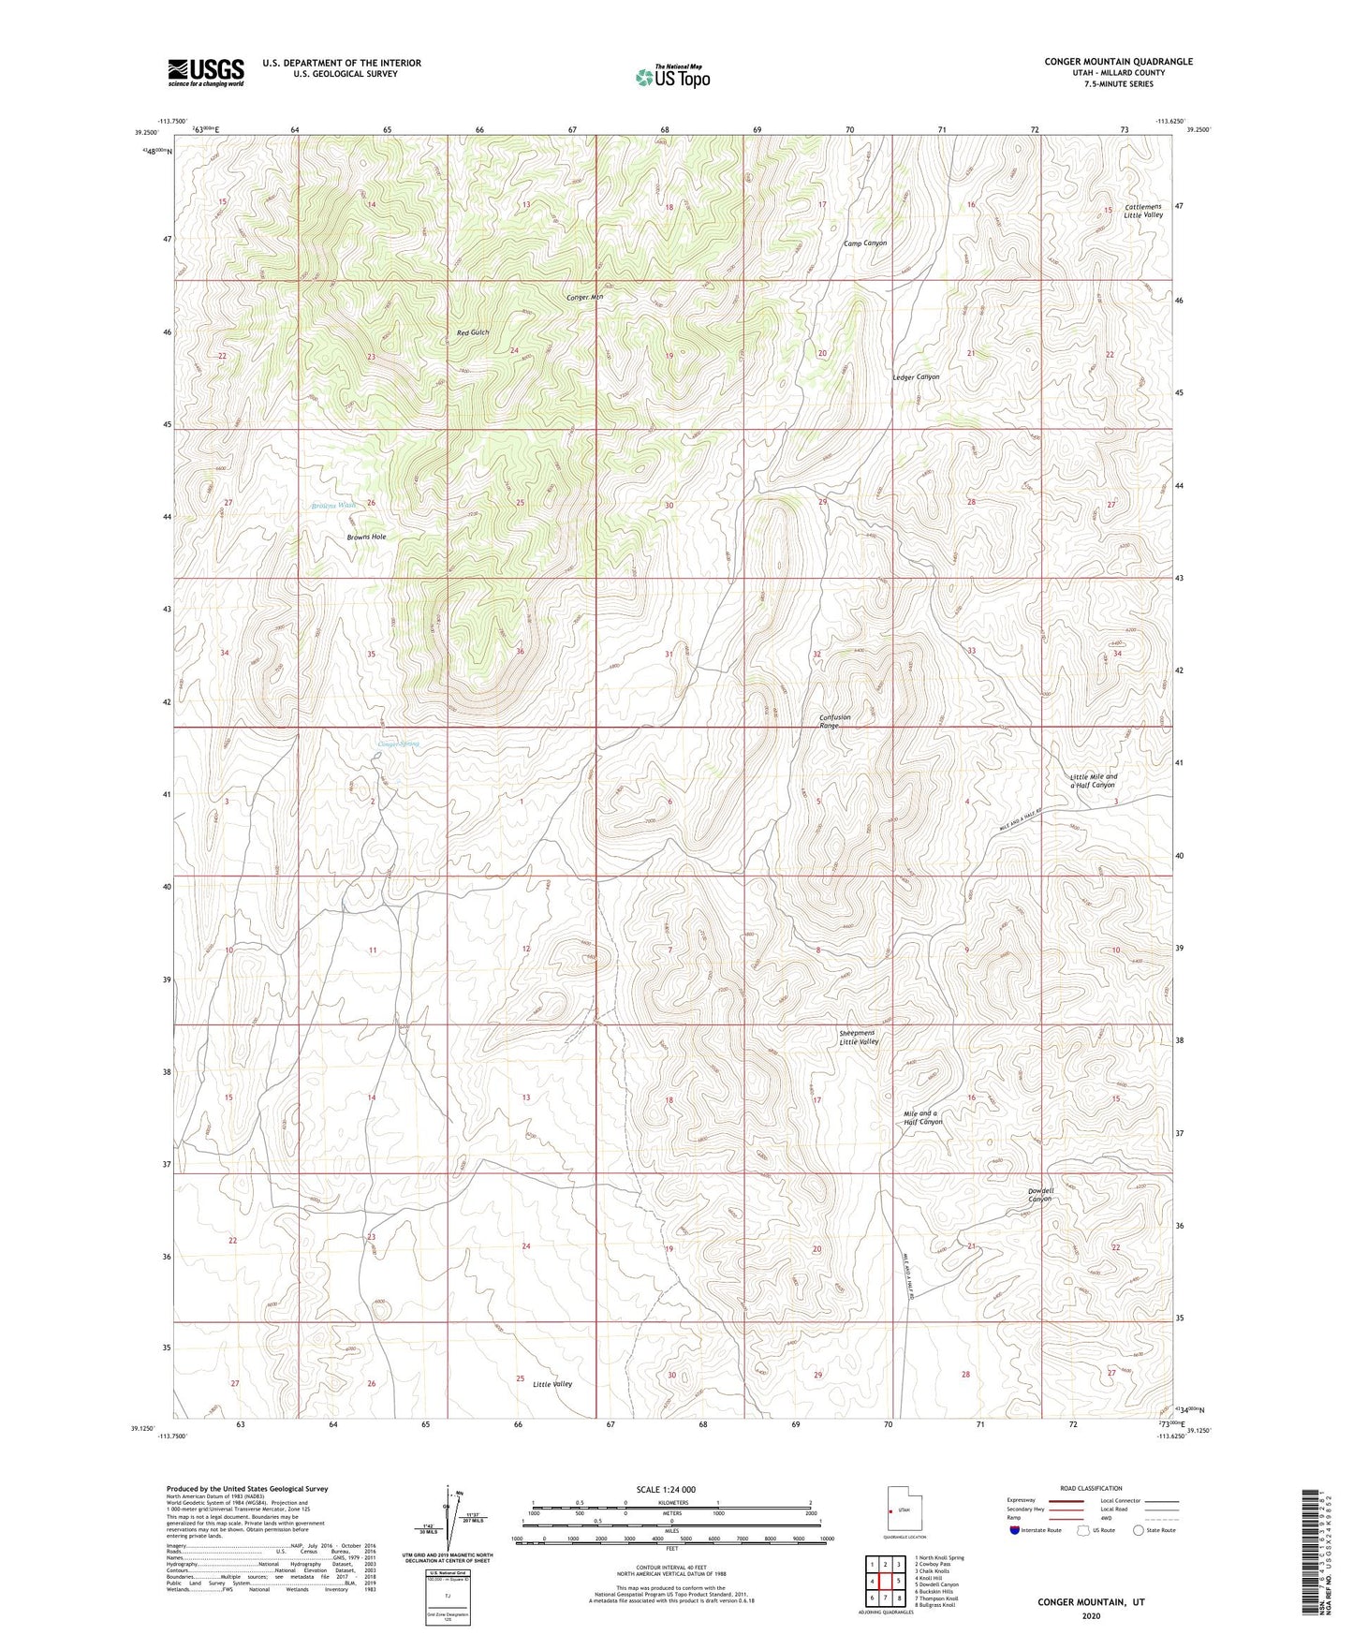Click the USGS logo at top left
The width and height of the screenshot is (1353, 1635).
(x=206, y=71)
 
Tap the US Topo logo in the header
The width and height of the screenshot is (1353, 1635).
(x=672, y=77)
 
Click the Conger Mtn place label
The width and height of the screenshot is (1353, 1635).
(x=585, y=298)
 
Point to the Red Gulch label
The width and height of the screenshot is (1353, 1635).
(x=473, y=332)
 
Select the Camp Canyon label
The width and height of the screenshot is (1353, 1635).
(x=864, y=243)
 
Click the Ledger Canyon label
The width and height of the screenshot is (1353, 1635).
(x=916, y=376)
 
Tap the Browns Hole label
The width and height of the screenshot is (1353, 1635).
(x=367, y=538)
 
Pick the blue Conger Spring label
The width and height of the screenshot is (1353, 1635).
(x=398, y=744)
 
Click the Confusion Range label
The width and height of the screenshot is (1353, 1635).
(x=835, y=721)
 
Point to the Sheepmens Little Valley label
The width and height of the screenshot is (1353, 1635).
(x=859, y=1038)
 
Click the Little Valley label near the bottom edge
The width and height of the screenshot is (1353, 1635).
(x=552, y=1384)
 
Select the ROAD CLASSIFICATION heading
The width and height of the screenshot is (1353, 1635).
(x=1091, y=1488)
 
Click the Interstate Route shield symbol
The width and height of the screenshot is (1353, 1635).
(x=1016, y=1530)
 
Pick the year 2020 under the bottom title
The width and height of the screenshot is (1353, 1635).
(x=1091, y=1615)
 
